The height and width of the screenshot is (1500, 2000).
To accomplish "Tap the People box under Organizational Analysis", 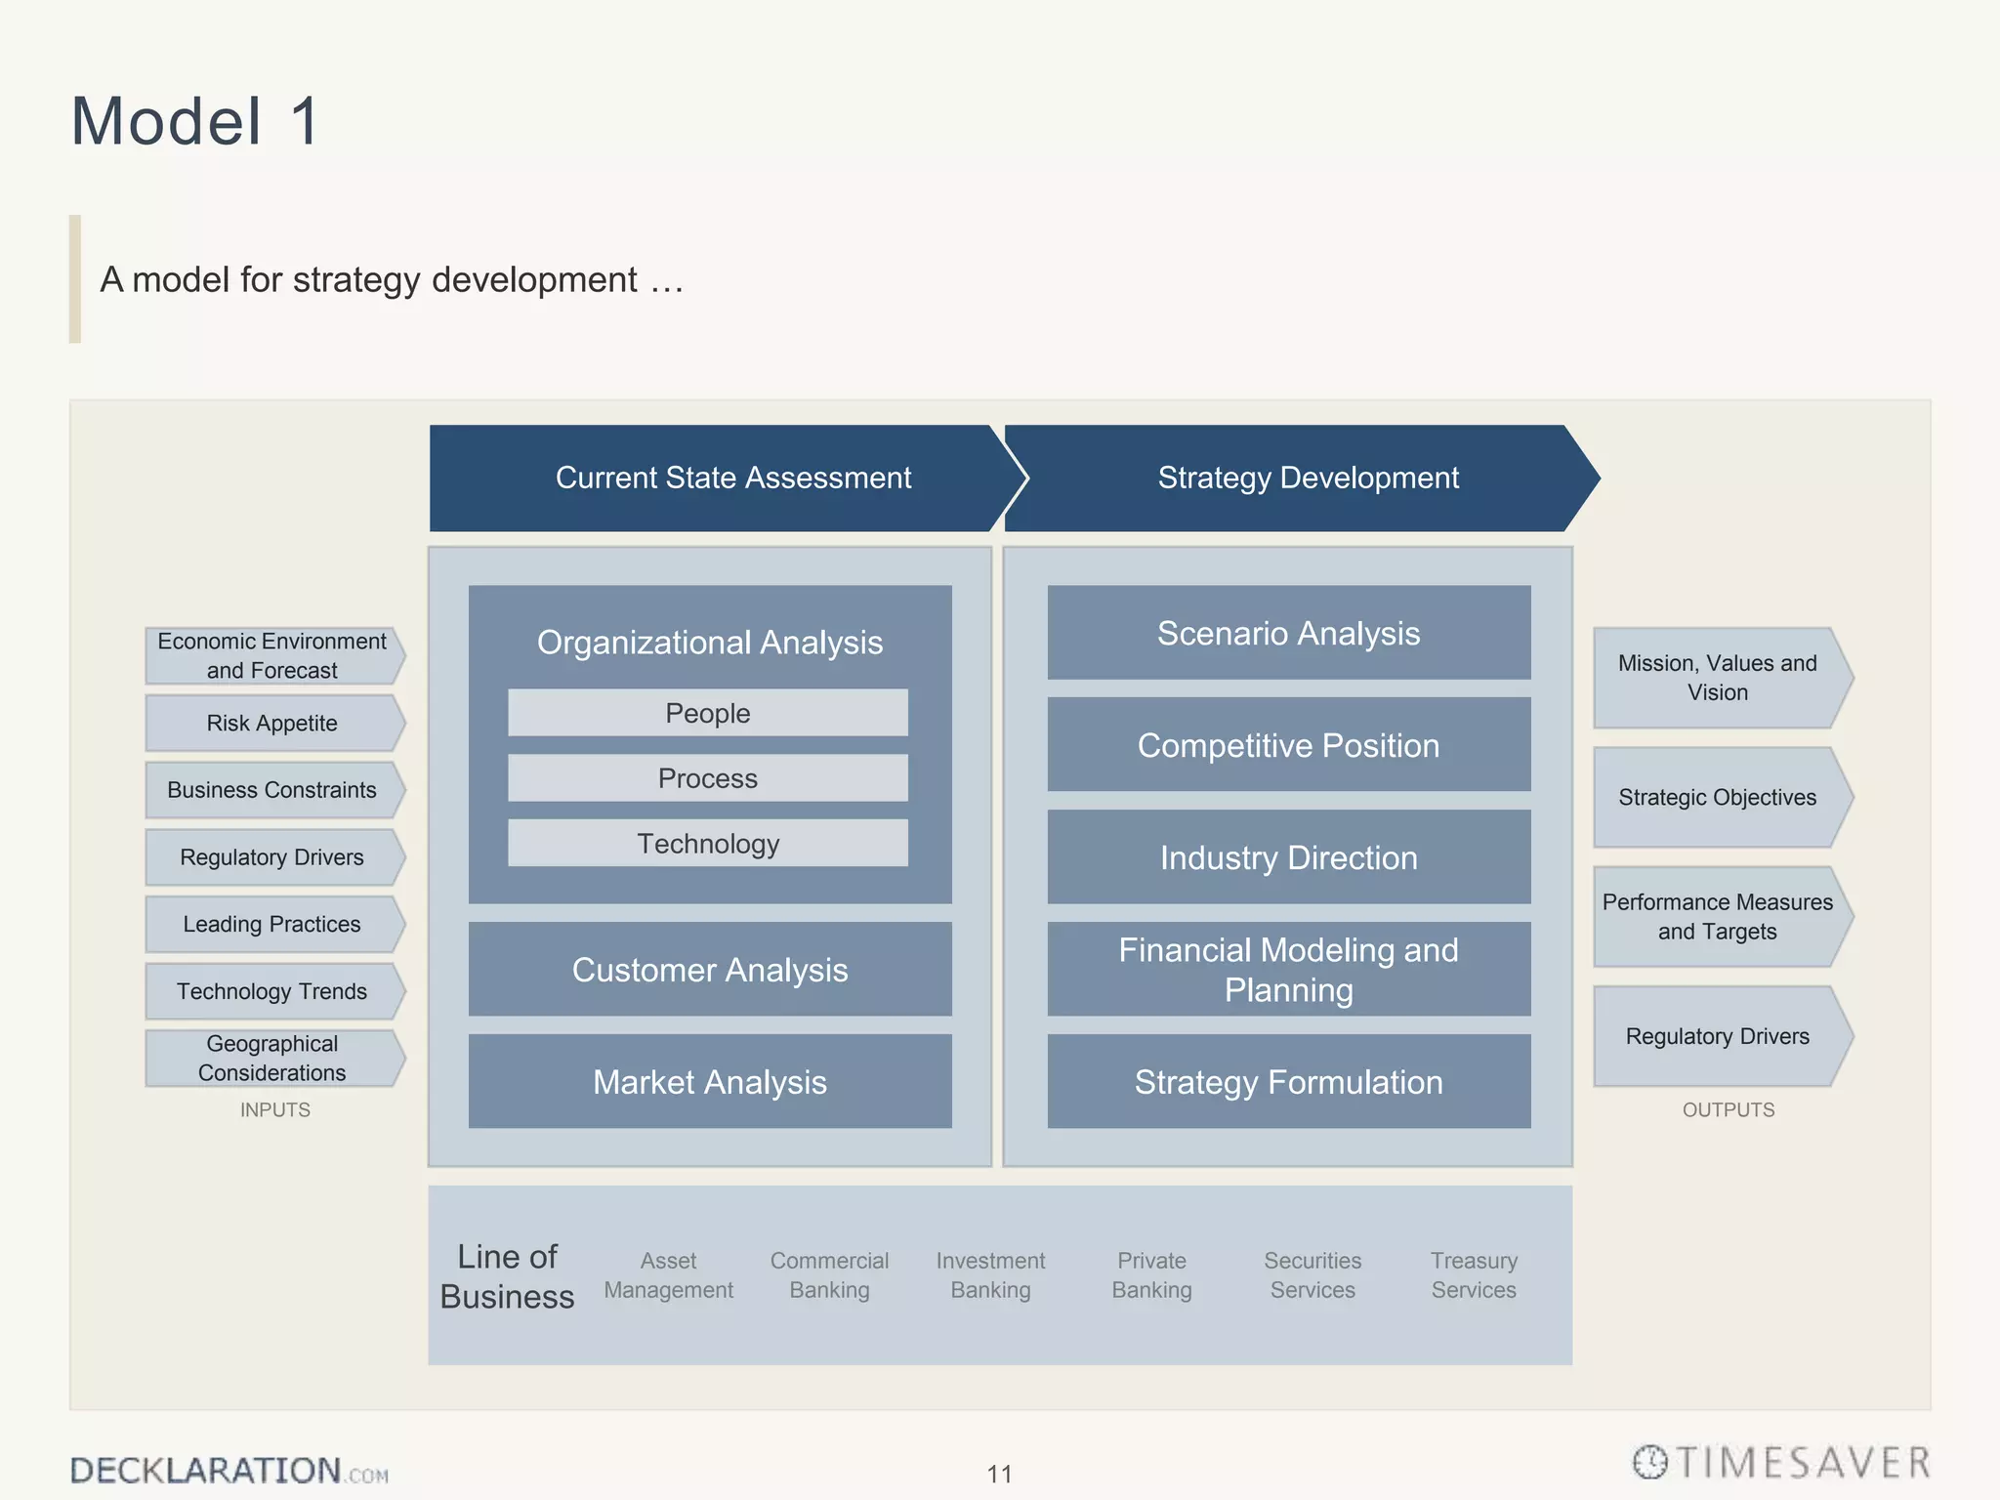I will point(707,713).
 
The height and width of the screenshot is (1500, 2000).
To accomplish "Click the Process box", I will point(707,778).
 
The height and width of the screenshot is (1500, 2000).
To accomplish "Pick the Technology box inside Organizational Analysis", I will point(707,843).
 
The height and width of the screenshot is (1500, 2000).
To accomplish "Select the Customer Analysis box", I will point(710,970).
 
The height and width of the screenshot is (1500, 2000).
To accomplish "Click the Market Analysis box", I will point(710,1082).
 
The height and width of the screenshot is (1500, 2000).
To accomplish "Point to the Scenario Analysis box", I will point(1288,633).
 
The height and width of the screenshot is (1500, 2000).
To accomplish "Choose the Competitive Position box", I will point(1288,745).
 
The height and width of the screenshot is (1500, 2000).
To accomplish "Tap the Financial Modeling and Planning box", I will point(1288,970).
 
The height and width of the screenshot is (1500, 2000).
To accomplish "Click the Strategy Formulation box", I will point(1288,1082).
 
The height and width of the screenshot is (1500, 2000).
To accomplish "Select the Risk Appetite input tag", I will point(272,723).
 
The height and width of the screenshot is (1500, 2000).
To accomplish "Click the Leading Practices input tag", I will point(272,924).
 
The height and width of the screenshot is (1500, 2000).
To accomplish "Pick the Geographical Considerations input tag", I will point(272,1058).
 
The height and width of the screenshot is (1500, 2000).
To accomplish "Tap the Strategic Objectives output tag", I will point(1718,797).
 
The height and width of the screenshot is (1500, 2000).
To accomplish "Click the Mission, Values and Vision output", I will point(1718,678).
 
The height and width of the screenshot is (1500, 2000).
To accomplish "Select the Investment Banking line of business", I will point(990,1275).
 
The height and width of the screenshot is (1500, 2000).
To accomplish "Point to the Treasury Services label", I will point(1474,1275).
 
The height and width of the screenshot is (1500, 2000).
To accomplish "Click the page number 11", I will point(999,1474).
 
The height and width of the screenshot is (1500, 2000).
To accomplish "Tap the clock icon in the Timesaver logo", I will point(1650,1462).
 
